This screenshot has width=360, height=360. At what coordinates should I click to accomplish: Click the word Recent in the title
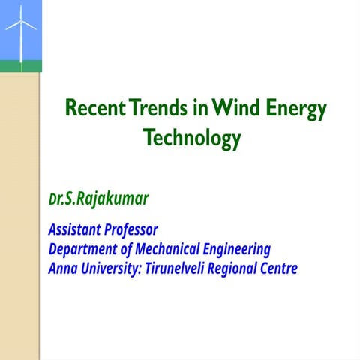click(94, 109)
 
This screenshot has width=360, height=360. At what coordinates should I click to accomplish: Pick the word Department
click(83, 249)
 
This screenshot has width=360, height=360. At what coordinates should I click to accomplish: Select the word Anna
click(62, 268)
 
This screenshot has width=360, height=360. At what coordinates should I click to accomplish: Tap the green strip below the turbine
click(20, 66)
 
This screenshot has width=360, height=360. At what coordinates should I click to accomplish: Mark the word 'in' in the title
click(199, 109)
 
